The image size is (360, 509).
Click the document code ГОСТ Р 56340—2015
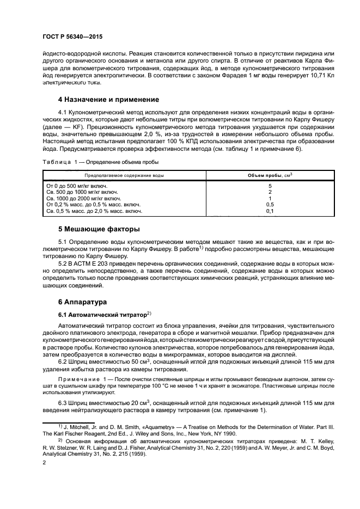click(72, 36)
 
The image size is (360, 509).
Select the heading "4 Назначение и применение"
click(108, 100)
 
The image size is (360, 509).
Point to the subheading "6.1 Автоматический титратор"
click(102, 315)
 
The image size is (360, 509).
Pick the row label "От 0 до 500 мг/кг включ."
click(77, 186)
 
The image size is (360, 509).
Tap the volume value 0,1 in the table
click(269, 211)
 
